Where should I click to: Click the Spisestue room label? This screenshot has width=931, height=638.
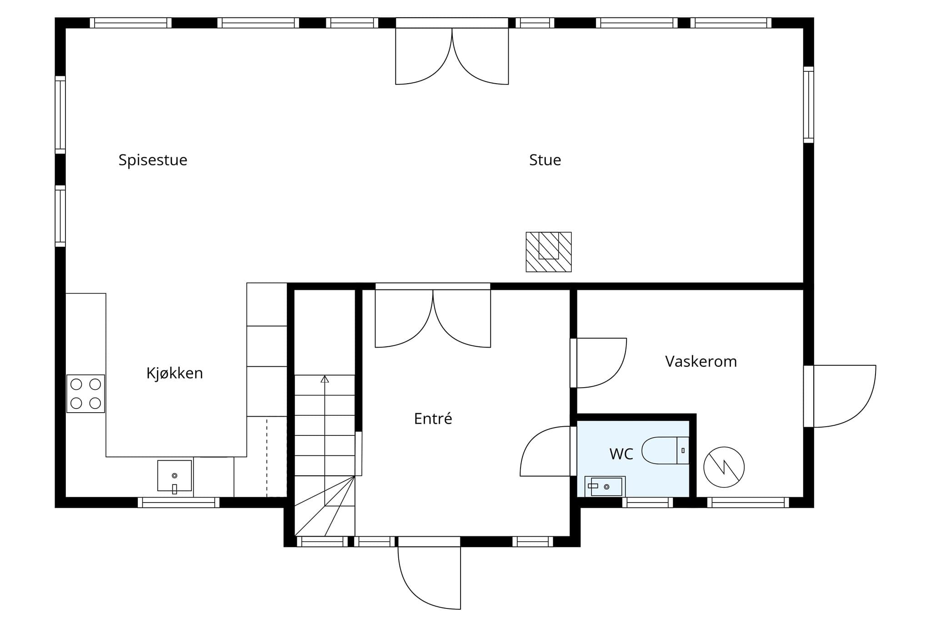(x=153, y=160)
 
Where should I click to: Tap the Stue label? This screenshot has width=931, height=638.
(x=545, y=160)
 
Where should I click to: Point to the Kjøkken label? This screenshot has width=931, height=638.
(x=175, y=374)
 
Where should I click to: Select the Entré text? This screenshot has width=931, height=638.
(x=433, y=419)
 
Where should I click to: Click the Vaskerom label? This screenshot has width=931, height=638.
(x=701, y=362)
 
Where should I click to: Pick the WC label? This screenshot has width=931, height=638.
(x=621, y=454)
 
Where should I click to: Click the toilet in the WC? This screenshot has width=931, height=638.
(x=666, y=450)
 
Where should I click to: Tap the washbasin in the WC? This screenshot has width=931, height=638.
(x=605, y=486)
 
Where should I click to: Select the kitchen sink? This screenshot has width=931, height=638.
(x=175, y=476)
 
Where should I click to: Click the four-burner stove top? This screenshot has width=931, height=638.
(x=86, y=394)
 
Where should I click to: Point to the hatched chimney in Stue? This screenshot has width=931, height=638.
(x=549, y=252)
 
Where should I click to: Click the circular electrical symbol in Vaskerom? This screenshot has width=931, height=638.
(x=724, y=467)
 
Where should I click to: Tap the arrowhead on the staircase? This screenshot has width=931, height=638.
(x=325, y=379)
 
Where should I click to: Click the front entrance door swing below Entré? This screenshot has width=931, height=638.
(x=429, y=577)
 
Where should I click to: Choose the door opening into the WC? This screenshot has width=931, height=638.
(x=546, y=451)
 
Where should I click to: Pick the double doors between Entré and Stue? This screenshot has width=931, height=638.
(x=433, y=319)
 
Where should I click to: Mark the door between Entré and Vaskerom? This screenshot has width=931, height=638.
(x=599, y=363)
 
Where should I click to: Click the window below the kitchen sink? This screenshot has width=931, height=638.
(x=179, y=502)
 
